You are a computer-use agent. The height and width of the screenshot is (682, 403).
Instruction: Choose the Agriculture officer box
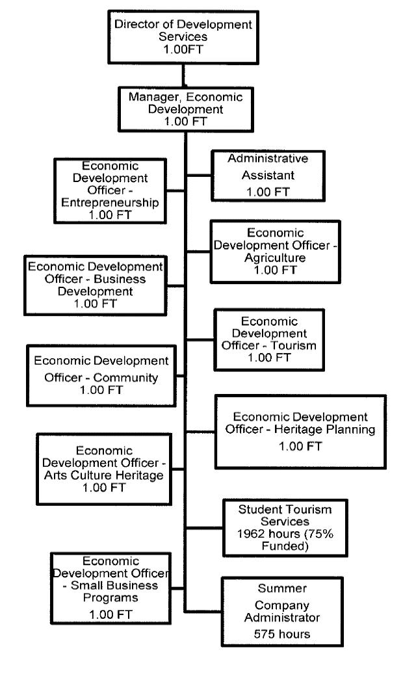point(275,250)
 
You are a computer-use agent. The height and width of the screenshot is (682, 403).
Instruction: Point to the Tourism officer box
point(269,339)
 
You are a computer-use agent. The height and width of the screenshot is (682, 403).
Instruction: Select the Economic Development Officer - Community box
point(101,374)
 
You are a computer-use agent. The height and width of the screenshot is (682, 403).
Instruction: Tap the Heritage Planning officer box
point(300,430)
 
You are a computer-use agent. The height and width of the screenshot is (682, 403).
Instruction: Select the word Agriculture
point(275,257)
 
